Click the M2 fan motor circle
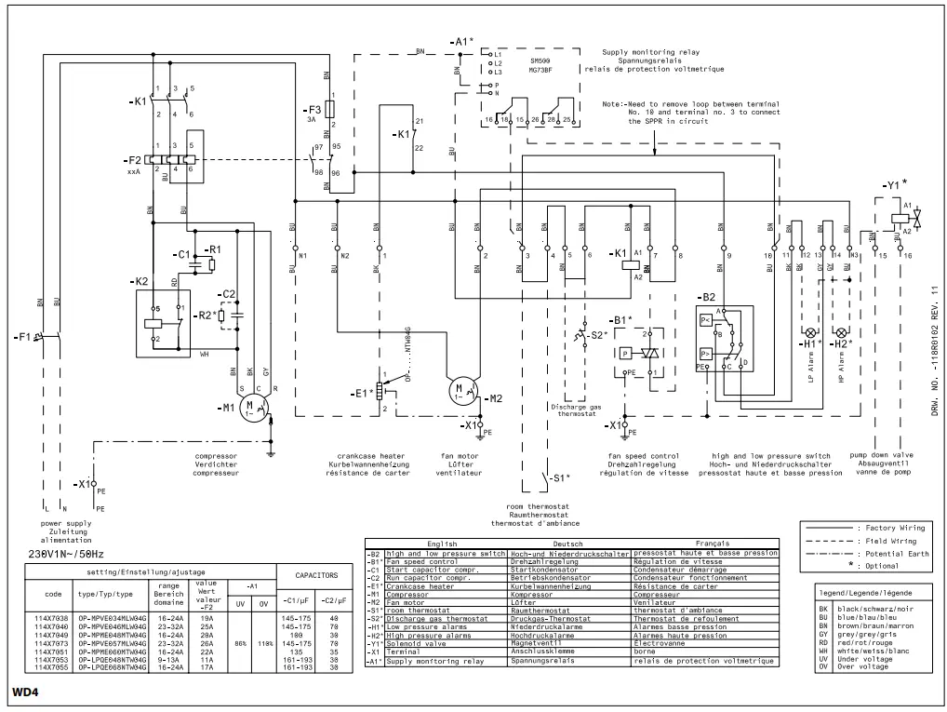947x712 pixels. click(460, 388)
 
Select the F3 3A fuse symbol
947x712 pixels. click(327, 108)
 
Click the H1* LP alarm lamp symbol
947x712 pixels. click(808, 332)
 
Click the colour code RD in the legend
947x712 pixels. click(823, 643)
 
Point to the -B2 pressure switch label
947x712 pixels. click(705, 296)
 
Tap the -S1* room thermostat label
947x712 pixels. click(558, 478)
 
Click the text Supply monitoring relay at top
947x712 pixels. click(651, 51)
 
